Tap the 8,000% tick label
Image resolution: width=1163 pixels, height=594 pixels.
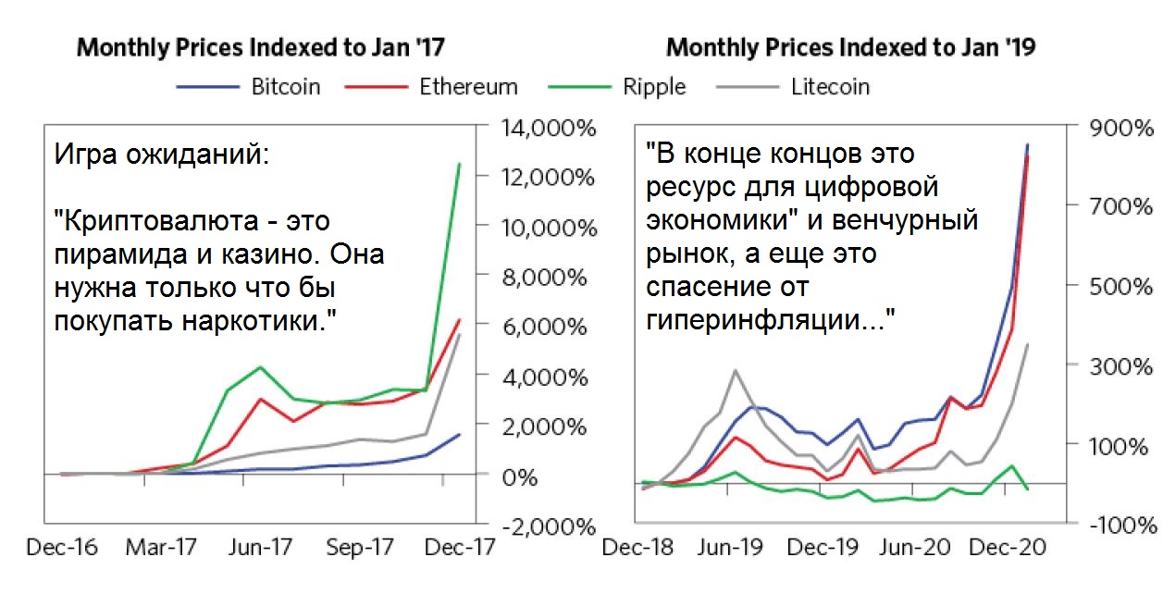545,278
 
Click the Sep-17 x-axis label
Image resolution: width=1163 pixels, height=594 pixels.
359,547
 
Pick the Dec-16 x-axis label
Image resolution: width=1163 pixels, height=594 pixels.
62,547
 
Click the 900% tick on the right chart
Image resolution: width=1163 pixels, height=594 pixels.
1120,127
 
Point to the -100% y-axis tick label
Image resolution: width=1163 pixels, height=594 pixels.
1120,525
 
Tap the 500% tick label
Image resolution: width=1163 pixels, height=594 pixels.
1120,285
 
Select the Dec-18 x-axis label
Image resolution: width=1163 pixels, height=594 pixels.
637,547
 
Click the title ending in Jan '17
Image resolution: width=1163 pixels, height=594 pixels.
267,47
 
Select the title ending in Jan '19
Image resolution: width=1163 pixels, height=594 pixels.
850,47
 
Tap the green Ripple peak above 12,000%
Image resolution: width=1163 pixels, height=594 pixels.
459,164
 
